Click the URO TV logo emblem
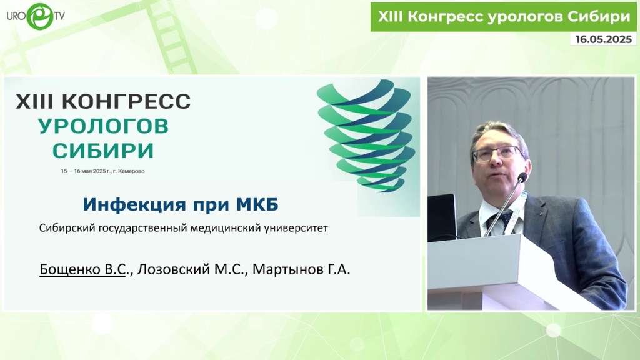pos(40,16)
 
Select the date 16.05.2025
pos(604,39)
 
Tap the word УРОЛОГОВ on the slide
pos(103,126)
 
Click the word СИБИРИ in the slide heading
pos(103,151)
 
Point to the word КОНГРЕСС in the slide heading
pos(126,101)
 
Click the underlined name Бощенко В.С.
pos(82,269)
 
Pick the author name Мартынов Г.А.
pos(301,269)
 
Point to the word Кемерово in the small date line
pos(131,171)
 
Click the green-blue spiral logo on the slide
pos(366,135)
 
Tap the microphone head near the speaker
pos(522,177)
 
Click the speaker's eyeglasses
pos(497,154)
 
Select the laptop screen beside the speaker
pos(442,217)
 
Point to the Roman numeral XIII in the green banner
pos(389,16)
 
